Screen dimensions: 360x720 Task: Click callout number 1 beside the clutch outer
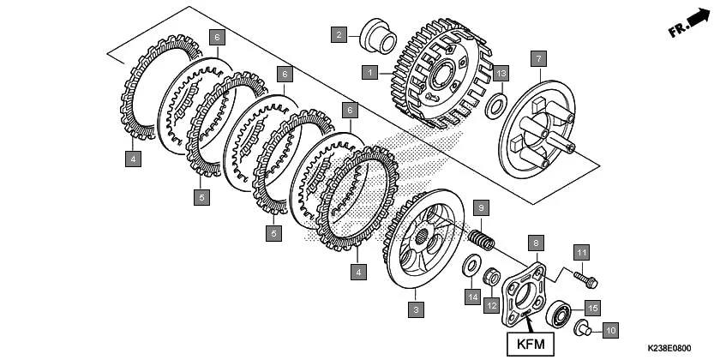(369, 73)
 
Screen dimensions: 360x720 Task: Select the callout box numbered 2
(340, 34)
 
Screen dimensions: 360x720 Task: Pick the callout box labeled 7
(537, 58)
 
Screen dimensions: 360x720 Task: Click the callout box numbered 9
(482, 207)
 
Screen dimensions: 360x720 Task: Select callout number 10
(611, 329)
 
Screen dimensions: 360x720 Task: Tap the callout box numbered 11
(581, 252)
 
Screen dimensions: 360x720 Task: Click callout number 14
(471, 297)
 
